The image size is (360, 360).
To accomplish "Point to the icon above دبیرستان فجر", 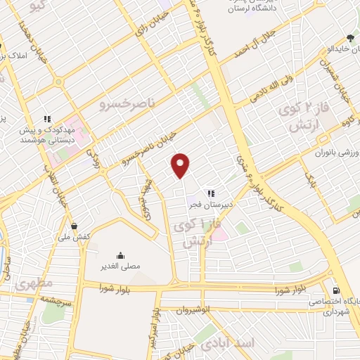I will click(210, 193).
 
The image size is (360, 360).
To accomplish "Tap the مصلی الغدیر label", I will click(120, 266).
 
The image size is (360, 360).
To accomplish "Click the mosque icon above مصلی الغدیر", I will click(120, 255).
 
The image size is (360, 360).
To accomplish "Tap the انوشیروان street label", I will click(193, 309).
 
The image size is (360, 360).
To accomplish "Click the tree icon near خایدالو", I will click(351, 38).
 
